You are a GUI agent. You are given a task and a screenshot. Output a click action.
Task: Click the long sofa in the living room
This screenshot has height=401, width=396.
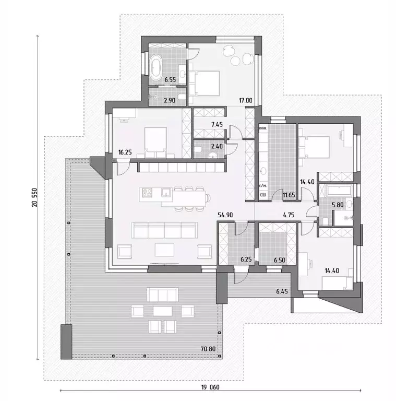165,230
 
